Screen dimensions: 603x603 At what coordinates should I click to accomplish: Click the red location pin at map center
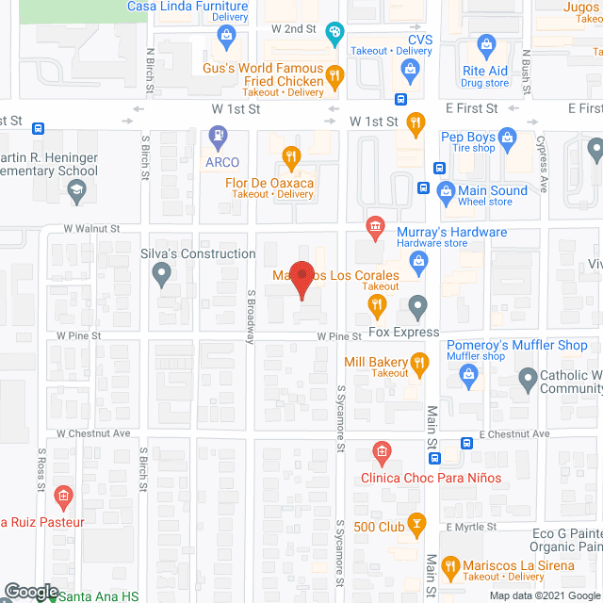pyautogui.click(x=301, y=278)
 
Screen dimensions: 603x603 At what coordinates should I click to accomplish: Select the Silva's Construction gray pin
pyautogui.click(x=162, y=275)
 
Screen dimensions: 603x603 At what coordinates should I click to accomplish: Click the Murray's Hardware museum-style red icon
pyautogui.click(x=376, y=227)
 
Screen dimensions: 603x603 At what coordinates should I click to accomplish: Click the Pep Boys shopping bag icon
pyautogui.click(x=508, y=138)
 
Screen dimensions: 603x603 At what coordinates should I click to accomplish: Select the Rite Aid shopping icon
pyautogui.click(x=486, y=44)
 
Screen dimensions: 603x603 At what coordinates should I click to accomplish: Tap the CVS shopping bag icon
pyautogui.click(x=411, y=69)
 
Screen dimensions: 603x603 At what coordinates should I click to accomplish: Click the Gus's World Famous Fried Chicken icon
pyautogui.click(x=334, y=75)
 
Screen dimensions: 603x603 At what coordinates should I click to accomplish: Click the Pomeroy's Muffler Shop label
pyautogui.click(x=516, y=345)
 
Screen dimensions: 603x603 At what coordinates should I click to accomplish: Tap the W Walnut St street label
pyautogui.click(x=92, y=228)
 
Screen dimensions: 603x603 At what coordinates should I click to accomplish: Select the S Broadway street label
pyautogui.click(x=251, y=316)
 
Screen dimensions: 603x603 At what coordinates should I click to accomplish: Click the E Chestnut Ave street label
pyautogui.click(x=513, y=434)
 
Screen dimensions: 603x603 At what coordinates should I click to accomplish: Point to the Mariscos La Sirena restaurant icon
pyautogui.click(x=450, y=566)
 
